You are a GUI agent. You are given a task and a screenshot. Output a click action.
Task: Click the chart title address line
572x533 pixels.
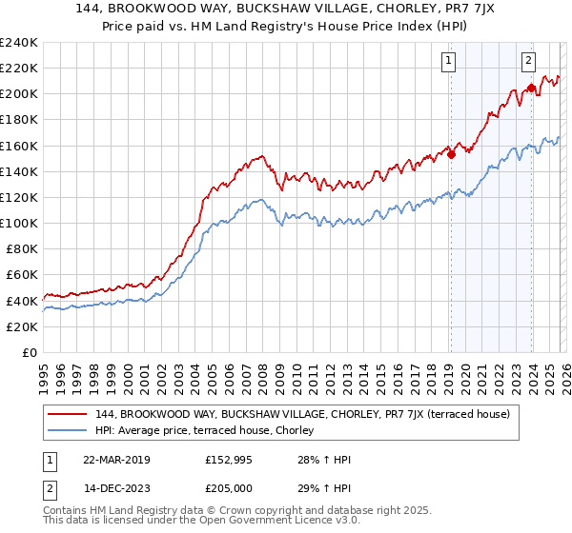click(285, 9)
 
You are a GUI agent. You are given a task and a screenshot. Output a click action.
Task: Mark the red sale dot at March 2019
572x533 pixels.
click(451, 155)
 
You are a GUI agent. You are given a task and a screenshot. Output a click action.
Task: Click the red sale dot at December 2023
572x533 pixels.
click(530, 88)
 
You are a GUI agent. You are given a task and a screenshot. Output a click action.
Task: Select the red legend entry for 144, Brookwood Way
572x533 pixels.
click(303, 414)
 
